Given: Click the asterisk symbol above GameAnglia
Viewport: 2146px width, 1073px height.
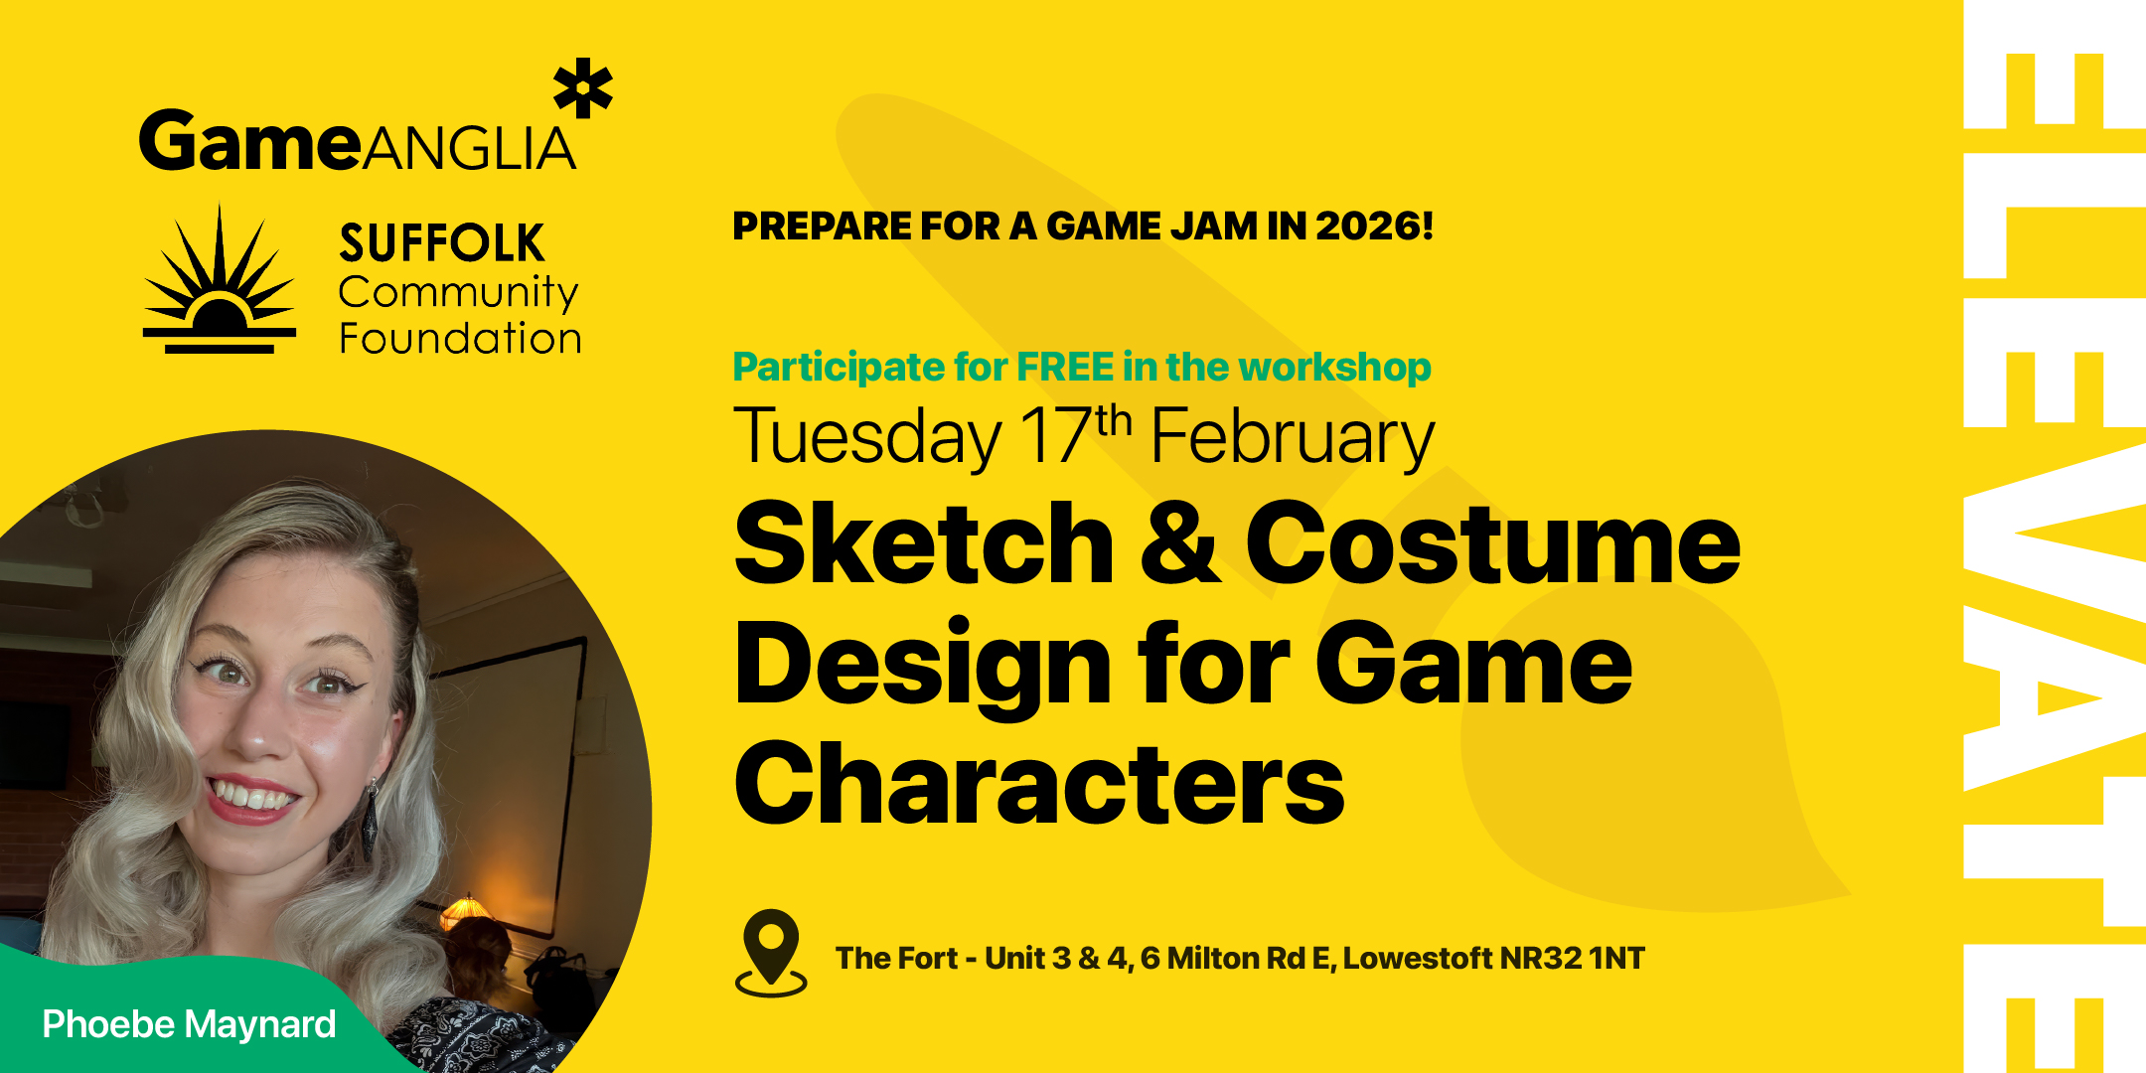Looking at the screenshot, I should pos(583,88).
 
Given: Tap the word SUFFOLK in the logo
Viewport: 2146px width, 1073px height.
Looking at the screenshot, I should pos(441,243).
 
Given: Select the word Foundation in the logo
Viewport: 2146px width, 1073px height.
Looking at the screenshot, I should pos(460,339).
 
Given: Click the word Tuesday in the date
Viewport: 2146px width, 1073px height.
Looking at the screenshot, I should pos(867,437).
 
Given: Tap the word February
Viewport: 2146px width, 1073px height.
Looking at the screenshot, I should pos(1292,437).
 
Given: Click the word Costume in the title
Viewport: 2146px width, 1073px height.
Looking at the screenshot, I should pos(1491,543).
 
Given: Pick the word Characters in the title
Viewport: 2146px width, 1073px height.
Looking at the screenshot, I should pos(1038,785).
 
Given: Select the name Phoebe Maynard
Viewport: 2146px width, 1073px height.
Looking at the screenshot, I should pos(189,1024).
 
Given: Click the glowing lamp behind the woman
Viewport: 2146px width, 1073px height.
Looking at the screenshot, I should pos(463,909).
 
